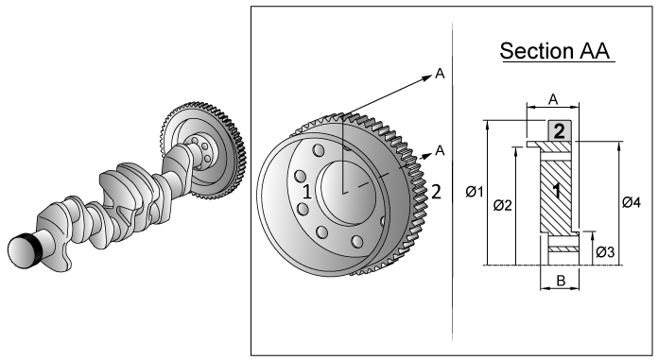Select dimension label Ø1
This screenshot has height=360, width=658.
click(x=476, y=193)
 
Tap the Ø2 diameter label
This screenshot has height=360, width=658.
click(x=503, y=205)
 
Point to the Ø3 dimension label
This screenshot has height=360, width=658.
click(x=606, y=252)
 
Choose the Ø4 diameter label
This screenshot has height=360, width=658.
click(x=633, y=201)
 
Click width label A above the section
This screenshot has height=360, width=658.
click(x=552, y=97)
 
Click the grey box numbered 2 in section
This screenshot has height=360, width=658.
click(x=559, y=130)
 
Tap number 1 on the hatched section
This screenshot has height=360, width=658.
click(x=558, y=190)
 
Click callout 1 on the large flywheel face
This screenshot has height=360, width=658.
click(x=306, y=191)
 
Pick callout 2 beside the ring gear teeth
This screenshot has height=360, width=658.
click(x=436, y=191)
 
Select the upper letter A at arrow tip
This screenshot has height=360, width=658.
click(x=440, y=75)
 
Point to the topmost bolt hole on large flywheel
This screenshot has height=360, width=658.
click(x=318, y=151)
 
